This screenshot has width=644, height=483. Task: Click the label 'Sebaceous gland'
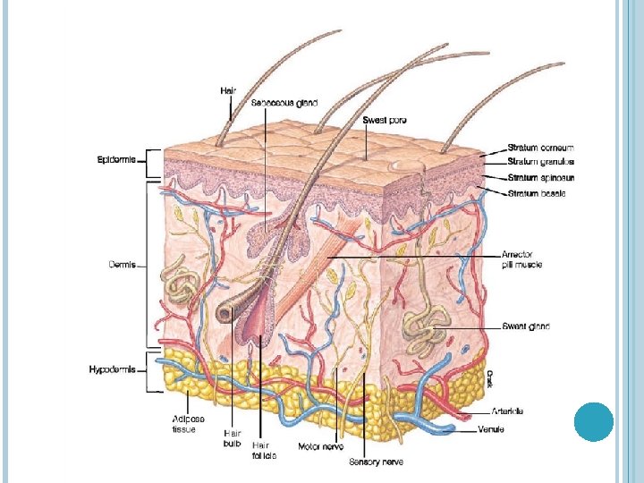[x=284, y=104]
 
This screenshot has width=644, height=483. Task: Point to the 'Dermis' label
[x=122, y=264]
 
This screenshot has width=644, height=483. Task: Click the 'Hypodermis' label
[x=113, y=369]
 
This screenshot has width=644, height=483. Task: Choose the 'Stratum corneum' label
[x=540, y=148]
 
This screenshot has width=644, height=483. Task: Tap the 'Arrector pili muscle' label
[x=521, y=259]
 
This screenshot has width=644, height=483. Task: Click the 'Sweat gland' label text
[x=525, y=326]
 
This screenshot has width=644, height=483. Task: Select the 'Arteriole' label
[x=507, y=411]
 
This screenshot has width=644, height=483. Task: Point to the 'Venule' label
[x=504, y=430]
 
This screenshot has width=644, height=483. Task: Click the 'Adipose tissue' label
[x=190, y=424]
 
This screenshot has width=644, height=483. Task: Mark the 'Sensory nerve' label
[x=376, y=462]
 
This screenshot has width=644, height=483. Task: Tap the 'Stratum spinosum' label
[x=540, y=178]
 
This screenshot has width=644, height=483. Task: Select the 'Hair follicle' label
[x=263, y=450]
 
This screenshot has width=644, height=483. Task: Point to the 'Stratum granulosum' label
[x=540, y=163]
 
